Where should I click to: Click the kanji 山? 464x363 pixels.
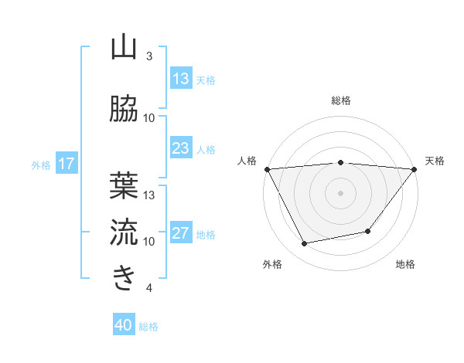click(x=124, y=48)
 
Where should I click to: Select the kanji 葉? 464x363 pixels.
click(x=124, y=186)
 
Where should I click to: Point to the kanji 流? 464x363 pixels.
click(x=124, y=232)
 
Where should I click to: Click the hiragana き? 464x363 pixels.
click(x=124, y=278)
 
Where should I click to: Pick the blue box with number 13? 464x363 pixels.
click(x=181, y=79)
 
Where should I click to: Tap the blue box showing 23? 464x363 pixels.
click(x=181, y=148)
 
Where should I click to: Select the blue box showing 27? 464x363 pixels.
click(x=181, y=233)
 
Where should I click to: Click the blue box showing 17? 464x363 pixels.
click(x=66, y=164)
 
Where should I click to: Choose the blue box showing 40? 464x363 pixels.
click(x=124, y=325)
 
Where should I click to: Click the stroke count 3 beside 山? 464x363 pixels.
click(x=149, y=56)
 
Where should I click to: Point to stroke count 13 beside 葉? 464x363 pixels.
click(x=149, y=195)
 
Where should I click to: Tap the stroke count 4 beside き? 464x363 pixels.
click(x=149, y=288)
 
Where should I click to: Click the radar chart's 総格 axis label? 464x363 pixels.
click(x=341, y=100)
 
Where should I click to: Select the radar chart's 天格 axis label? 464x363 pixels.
click(x=435, y=161)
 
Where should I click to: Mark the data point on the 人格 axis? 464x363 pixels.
click(x=268, y=169)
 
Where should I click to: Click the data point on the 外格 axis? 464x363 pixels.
click(x=305, y=244)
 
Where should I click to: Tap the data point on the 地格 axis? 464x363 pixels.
click(x=368, y=231)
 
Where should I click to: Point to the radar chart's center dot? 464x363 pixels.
click(x=341, y=192)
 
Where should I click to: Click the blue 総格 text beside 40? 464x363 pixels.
click(x=148, y=326)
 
